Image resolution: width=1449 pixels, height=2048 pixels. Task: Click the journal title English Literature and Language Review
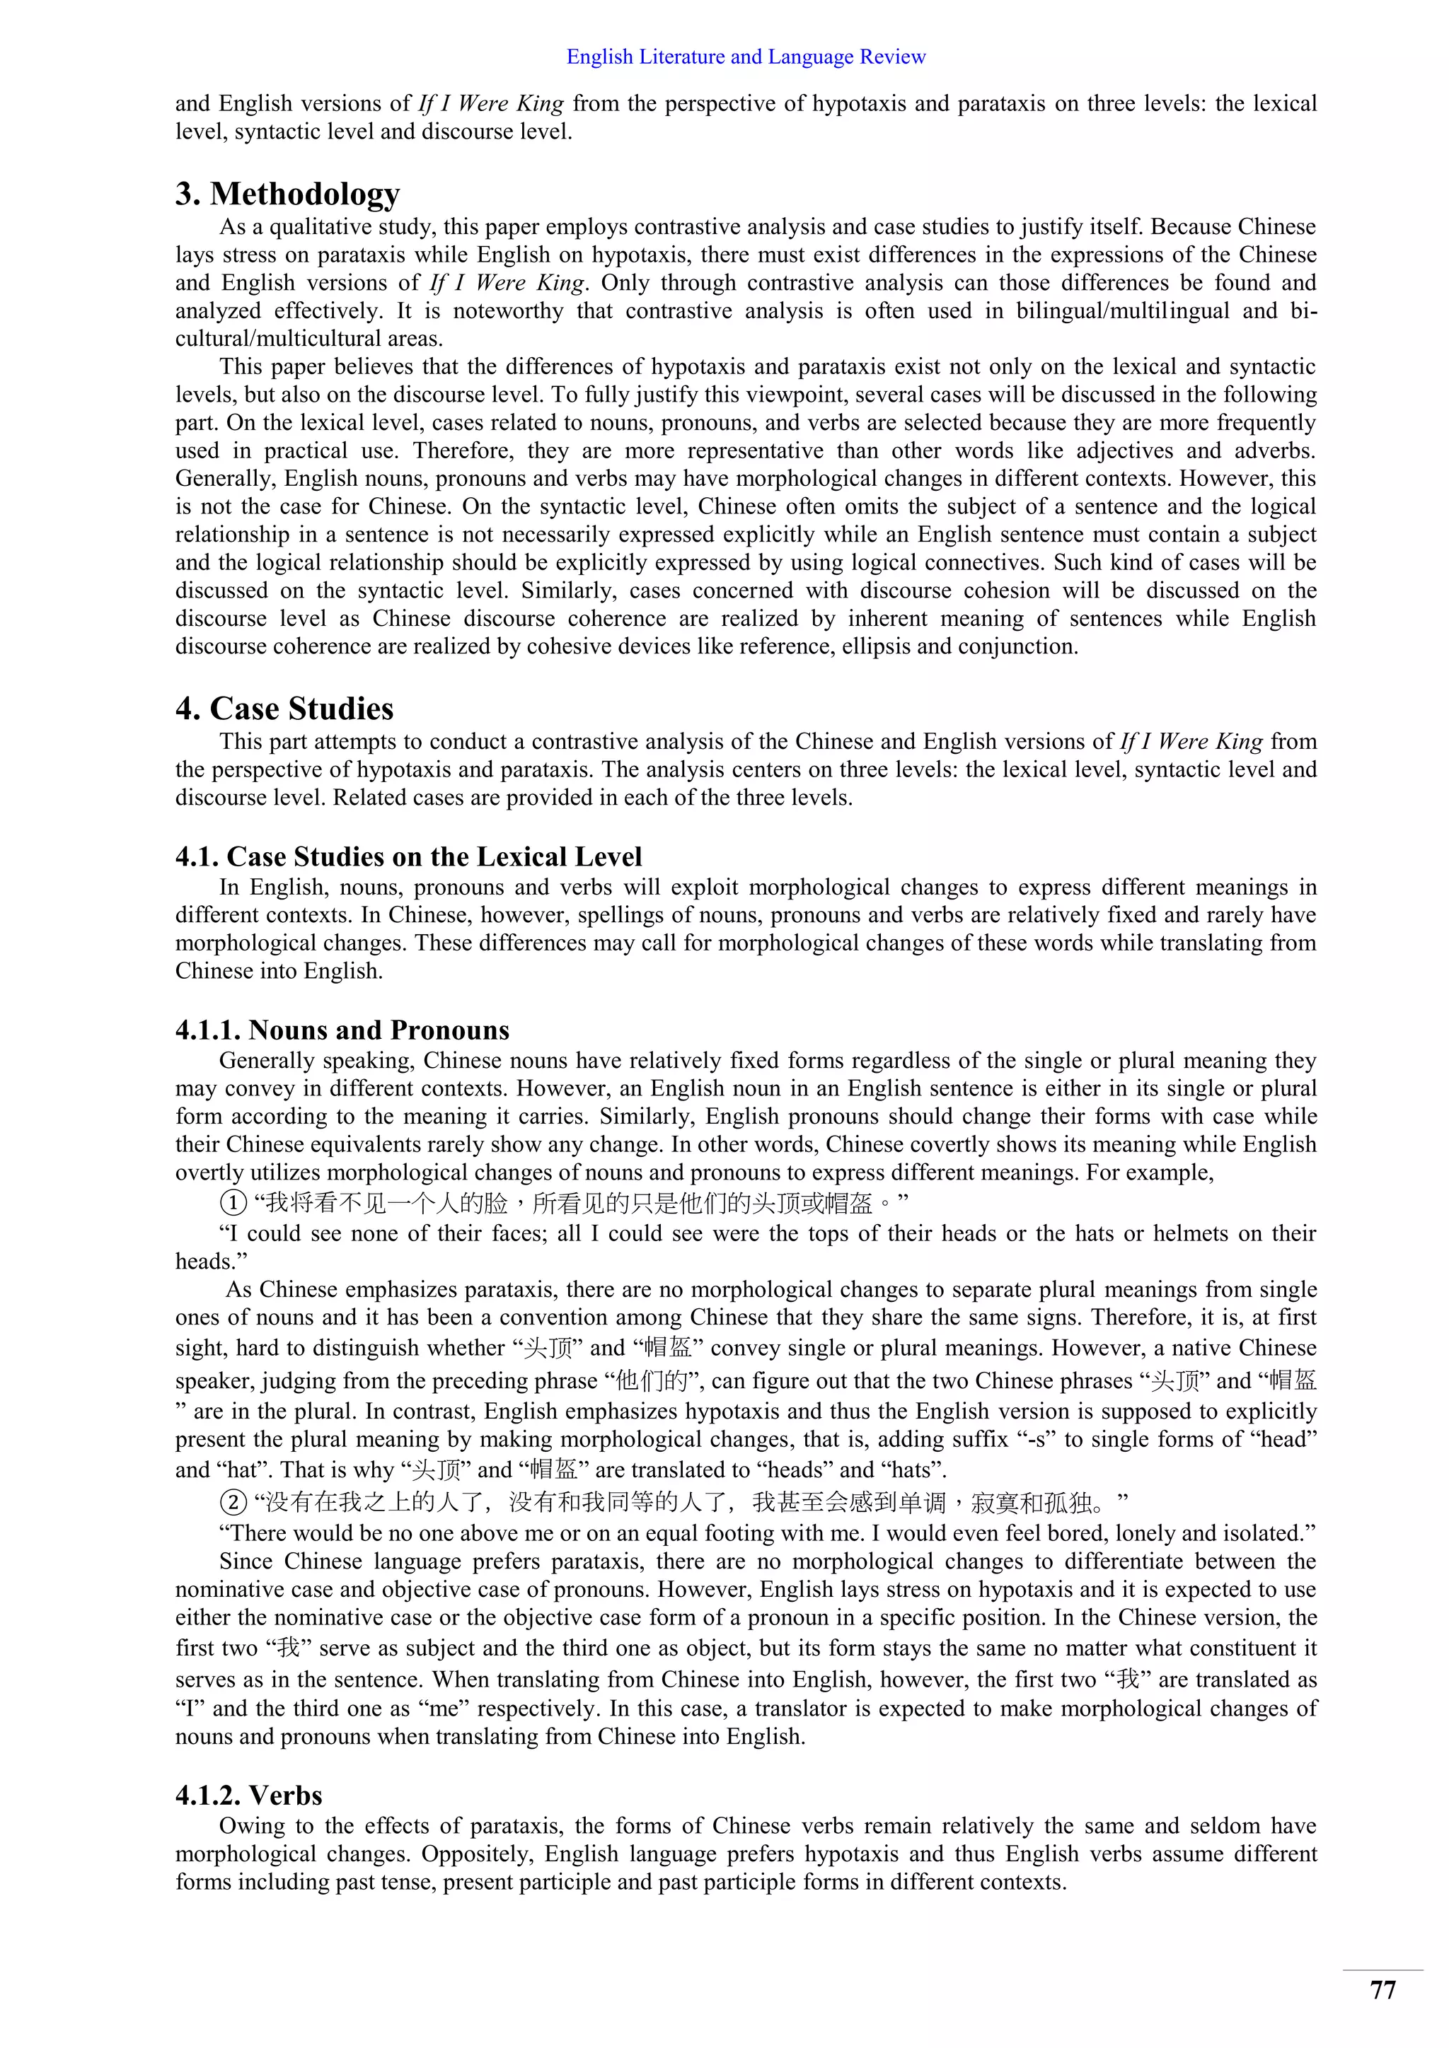tap(746, 57)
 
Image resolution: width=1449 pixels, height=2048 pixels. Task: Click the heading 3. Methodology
tap(287, 194)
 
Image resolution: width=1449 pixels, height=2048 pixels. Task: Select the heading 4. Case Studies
tap(284, 708)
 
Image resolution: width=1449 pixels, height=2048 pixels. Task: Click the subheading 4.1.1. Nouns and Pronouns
tap(342, 1030)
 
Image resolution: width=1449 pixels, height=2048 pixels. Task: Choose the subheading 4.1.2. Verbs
tap(248, 1795)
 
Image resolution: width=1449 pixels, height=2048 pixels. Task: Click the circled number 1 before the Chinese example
tap(232, 1204)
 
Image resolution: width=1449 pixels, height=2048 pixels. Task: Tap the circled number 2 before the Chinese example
tap(232, 1503)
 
